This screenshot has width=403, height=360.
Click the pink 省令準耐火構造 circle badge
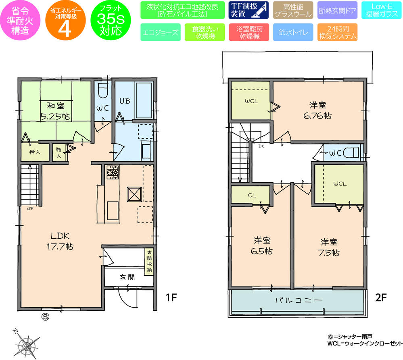click(19, 20)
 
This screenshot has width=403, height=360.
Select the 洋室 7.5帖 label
click(329, 247)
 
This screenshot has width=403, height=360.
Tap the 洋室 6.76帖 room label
click(318, 110)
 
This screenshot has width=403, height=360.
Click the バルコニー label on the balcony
click(298, 300)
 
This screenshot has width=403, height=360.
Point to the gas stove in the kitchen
click(112, 173)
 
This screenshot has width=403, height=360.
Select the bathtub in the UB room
click(143, 97)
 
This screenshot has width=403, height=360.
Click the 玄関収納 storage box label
click(149, 261)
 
